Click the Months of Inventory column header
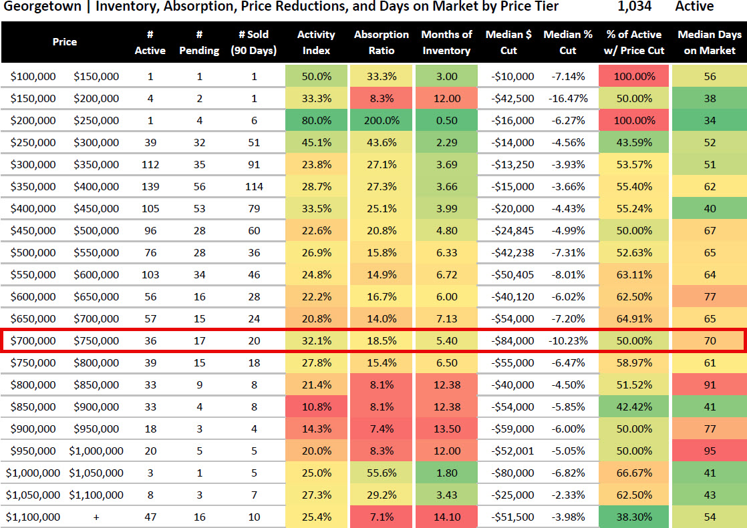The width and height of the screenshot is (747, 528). pyautogui.click(x=446, y=42)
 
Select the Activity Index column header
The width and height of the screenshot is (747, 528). pyautogui.click(x=316, y=42)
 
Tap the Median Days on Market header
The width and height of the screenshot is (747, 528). pyautogui.click(x=710, y=42)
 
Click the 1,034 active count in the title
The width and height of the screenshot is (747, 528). pyautogui.click(x=633, y=7)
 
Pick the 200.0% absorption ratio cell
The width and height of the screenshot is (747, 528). pyautogui.click(x=382, y=120)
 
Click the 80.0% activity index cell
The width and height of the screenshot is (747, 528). pyautogui.click(x=316, y=120)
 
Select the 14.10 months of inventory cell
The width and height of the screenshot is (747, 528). pyautogui.click(x=446, y=517)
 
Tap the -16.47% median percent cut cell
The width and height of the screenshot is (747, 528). pyautogui.click(x=569, y=98)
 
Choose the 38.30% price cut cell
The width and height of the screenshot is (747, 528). pyautogui.click(x=633, y=517)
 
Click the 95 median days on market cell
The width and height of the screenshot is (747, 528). pyautogui.click(x=710, y=451)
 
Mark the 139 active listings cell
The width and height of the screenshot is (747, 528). pyautogui.click(x=150, y=186)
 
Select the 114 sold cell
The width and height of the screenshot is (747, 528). pyautogui.click(x=254, y=186)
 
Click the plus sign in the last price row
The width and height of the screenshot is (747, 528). pyautogui.click(x=96, y=517)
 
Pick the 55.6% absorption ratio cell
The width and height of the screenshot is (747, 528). pyautogui.click(x=382, y=473)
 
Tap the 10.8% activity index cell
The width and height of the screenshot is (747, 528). pyautogui.click(x=316, y=407)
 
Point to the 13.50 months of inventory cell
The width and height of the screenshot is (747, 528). pyautogui.click(x=446, y=429)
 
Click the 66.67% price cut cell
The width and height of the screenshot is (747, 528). pyautogui.click(x=633, y=473)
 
